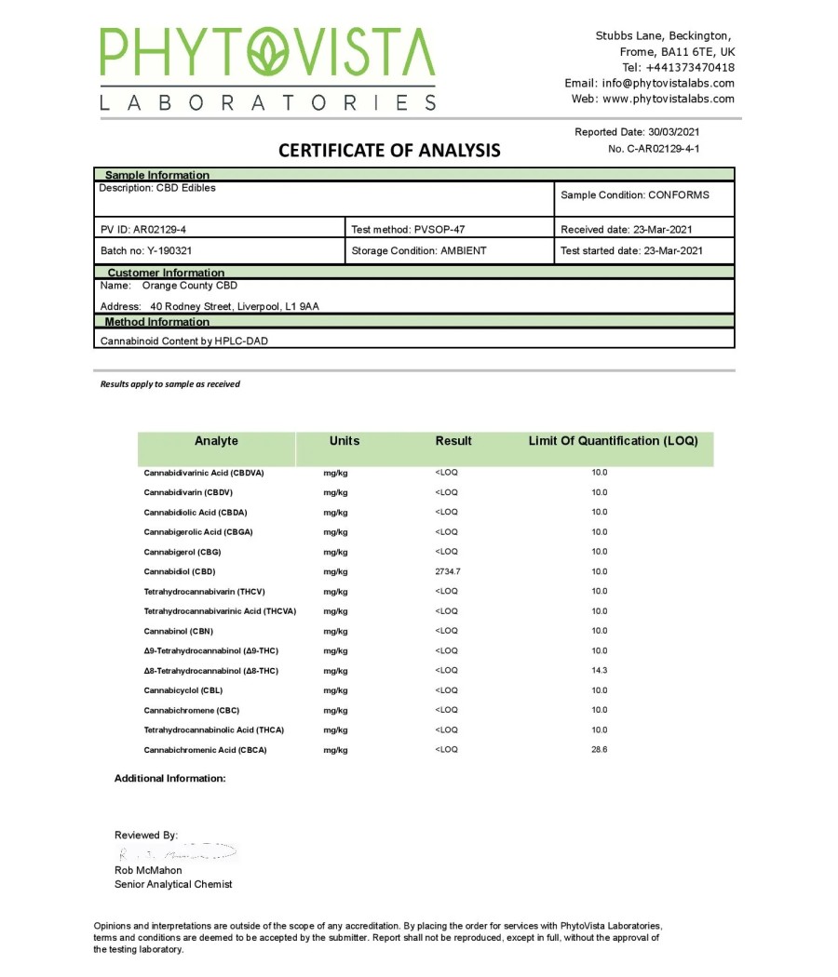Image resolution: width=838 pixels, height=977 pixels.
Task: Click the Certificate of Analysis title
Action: (389, 150)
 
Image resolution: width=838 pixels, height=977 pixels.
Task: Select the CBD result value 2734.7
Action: (448, 571)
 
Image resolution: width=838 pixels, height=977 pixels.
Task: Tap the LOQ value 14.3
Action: (600, 670)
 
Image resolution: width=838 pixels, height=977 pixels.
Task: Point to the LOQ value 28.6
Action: (600, 749)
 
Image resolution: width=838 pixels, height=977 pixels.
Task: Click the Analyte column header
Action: (216, 441)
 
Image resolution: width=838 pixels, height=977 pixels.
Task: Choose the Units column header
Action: (344, 441)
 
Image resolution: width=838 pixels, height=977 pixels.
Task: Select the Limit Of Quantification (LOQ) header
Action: (613, 441)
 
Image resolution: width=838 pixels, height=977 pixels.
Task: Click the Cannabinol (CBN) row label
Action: (178, 631)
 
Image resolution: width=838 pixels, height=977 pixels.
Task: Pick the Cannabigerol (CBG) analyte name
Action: (182, 552)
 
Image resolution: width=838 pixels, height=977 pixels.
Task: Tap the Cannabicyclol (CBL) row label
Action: (182, 690)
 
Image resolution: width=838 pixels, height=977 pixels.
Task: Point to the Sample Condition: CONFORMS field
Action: (634, 195)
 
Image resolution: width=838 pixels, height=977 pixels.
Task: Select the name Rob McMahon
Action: (148, 870)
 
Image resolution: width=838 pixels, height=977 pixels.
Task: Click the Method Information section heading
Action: (156, 322)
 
